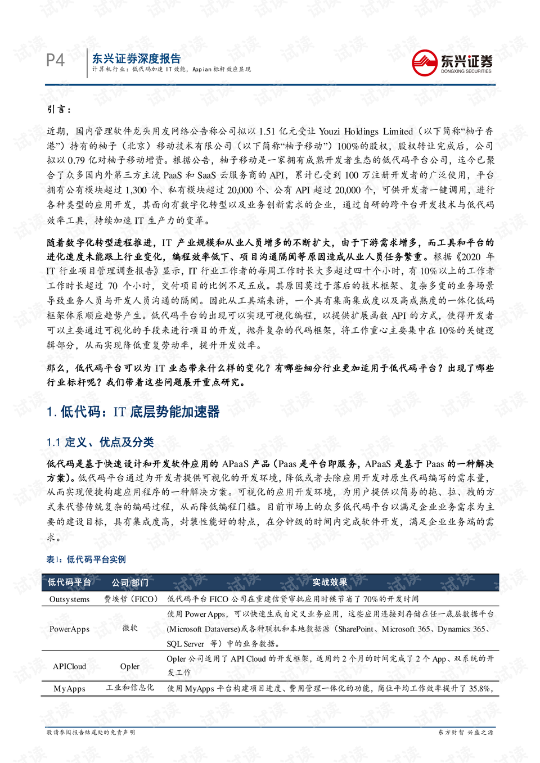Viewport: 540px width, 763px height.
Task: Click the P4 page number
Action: point(55,60)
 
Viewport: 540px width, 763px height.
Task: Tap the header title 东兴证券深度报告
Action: point(136,58)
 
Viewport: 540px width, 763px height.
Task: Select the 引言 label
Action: point(59,109)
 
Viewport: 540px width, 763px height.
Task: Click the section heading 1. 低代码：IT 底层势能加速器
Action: point(133,412)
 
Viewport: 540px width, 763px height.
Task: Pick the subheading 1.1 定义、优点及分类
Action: point(100,443)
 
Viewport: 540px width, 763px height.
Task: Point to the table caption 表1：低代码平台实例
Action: point(86,559)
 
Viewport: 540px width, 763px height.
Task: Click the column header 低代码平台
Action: point(69,583)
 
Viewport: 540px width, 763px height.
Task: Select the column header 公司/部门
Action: point(130,583)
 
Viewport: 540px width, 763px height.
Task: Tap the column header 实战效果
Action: point(330,583)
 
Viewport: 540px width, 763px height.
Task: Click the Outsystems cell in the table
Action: point(69,599)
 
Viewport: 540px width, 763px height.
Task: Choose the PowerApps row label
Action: point(69,629)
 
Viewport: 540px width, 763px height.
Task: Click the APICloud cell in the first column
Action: point(69,666)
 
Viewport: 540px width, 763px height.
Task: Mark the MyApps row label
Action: point(69,689)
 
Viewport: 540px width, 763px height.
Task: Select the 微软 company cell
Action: point(130,628)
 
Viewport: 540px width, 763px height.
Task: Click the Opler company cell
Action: point(130,666)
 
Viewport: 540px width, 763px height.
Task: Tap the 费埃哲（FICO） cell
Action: point(130,599)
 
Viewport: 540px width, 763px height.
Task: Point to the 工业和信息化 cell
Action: point(130,688)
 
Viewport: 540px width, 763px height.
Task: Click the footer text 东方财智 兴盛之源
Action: point(465,733)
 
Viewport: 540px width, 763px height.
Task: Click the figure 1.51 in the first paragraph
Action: point(267,132)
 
